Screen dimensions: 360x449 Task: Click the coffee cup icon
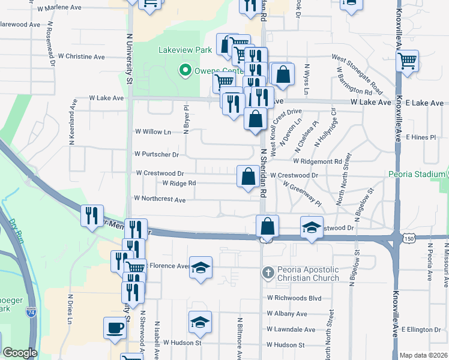click(115, 328)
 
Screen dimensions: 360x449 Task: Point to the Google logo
click(20, 353)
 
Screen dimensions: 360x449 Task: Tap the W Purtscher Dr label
click(157, 154)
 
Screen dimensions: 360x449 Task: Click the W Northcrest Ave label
click(160, 199)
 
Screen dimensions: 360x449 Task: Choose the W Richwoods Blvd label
click(295, 298)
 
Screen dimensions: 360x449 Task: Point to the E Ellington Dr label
click(421, 329)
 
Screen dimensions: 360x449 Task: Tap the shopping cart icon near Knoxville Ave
click(408, 61)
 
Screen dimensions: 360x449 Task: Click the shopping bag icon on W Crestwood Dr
click(248, 176)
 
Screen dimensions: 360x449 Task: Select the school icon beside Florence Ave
click(200, 267)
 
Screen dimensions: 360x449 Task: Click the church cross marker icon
click(268, 273)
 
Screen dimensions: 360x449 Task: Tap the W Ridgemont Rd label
click(318, 161)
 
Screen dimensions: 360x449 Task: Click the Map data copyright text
click(423, 355)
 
